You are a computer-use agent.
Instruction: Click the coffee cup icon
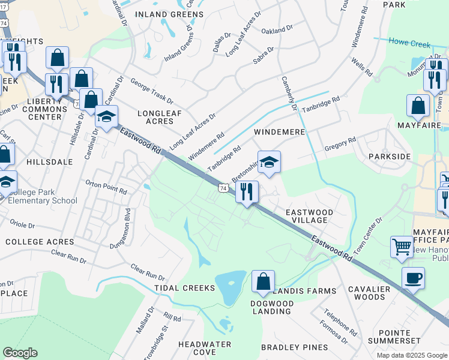[413, 278]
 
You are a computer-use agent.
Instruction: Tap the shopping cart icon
[402, 246]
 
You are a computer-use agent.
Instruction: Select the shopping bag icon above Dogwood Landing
[263, 281]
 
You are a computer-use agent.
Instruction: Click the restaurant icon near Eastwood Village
[247, 191]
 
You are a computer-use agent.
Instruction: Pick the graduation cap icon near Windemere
[270, 161]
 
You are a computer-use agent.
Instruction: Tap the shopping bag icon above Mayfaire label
[418, 106]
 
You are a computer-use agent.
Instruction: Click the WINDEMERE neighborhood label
[279, 131]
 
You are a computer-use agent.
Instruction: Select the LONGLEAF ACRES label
[155, 117]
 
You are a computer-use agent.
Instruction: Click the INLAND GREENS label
[169, 14]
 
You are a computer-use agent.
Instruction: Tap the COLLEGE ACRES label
[40, 242]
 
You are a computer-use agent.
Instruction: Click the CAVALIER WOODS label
[369, 292]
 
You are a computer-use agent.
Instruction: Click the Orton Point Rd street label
[106, 187]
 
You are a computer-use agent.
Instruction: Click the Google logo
[20, 353]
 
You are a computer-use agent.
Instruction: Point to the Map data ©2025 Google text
[411, 355]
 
